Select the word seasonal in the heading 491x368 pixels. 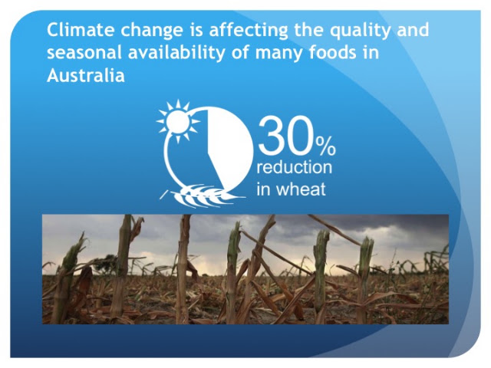(x=84, y=53)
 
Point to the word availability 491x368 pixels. (x=176, y=54)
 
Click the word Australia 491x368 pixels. (x=86, y=75)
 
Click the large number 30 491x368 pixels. (x=286, y=135)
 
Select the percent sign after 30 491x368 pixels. (x=325, y=146)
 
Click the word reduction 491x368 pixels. (x=295, y=167)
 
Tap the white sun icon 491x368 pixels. (x=178, y=121)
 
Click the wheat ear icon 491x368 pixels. (x=203, y=195)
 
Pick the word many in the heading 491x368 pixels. (x=279, y=54)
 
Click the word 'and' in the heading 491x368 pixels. (x=413, y=30)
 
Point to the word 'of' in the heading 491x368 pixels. (x=240, y=53)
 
